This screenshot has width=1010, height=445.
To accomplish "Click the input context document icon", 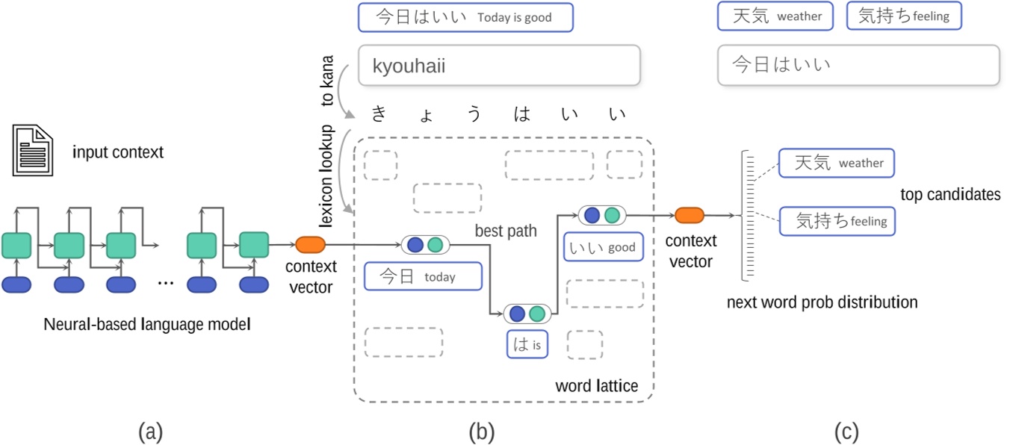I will tap(32, 152).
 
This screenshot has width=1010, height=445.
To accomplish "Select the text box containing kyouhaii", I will tap(498, 65).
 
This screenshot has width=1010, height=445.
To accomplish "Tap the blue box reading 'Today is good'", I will tap(465, 17).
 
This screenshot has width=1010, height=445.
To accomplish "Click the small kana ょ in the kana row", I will tap(426, 116).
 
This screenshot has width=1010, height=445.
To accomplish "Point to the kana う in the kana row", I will tap(474, 114).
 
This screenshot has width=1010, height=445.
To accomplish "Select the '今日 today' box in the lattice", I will tap(422, 276).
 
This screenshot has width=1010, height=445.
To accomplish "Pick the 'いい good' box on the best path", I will tap(603, 247).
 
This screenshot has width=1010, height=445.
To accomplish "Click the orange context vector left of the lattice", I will tap(310, 244).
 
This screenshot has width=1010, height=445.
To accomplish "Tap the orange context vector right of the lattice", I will tap(689, 216).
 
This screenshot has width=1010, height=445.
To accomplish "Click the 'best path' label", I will tap(506, 231).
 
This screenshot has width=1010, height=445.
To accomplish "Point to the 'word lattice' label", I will tap(596, 386).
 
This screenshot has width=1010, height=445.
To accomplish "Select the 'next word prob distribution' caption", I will tap(822, 302).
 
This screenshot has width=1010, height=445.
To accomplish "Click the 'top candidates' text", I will tap(949, 194).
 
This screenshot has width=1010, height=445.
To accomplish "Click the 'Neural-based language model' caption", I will tap(146, 324).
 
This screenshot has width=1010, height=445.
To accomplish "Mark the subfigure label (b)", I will tap(481, 431).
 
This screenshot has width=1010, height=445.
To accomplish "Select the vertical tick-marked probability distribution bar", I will tap(748, 216).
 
